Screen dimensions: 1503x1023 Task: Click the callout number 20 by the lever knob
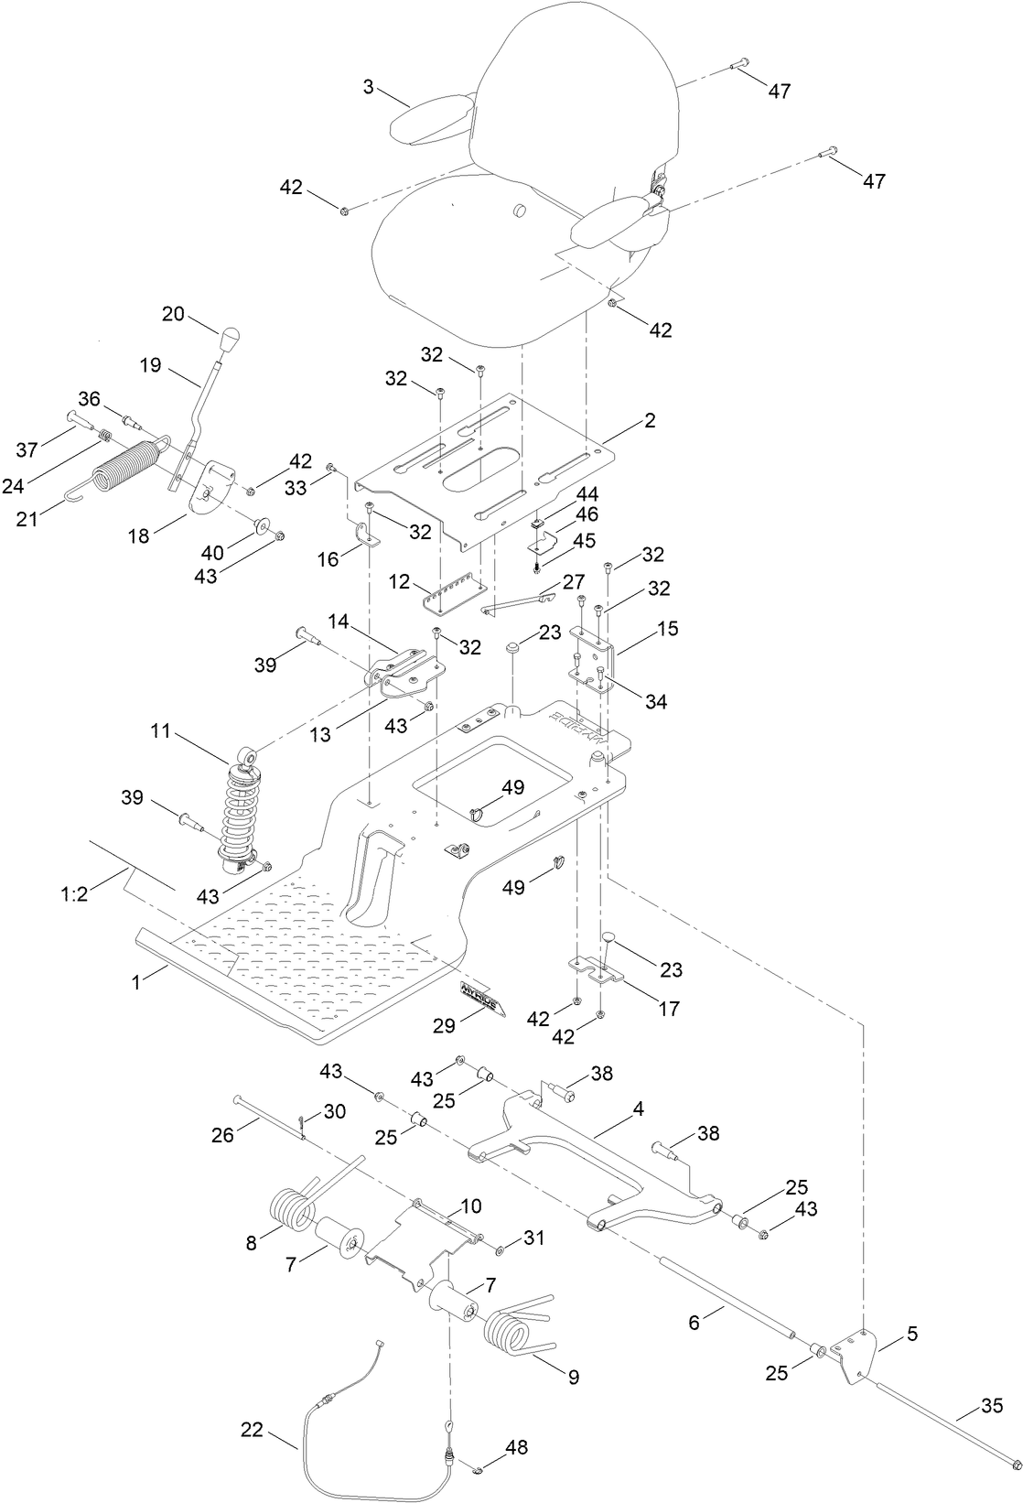(173, 314)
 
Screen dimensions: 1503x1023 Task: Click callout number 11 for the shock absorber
(161, 731)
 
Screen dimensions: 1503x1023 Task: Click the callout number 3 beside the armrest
(368, 87)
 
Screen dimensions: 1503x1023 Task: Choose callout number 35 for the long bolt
(991, 1405)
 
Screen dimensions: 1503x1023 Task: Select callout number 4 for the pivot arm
(638, 1108)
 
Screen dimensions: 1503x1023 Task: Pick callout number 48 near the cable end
(516, 1447)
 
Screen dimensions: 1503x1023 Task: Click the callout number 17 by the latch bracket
(669, 1008)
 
